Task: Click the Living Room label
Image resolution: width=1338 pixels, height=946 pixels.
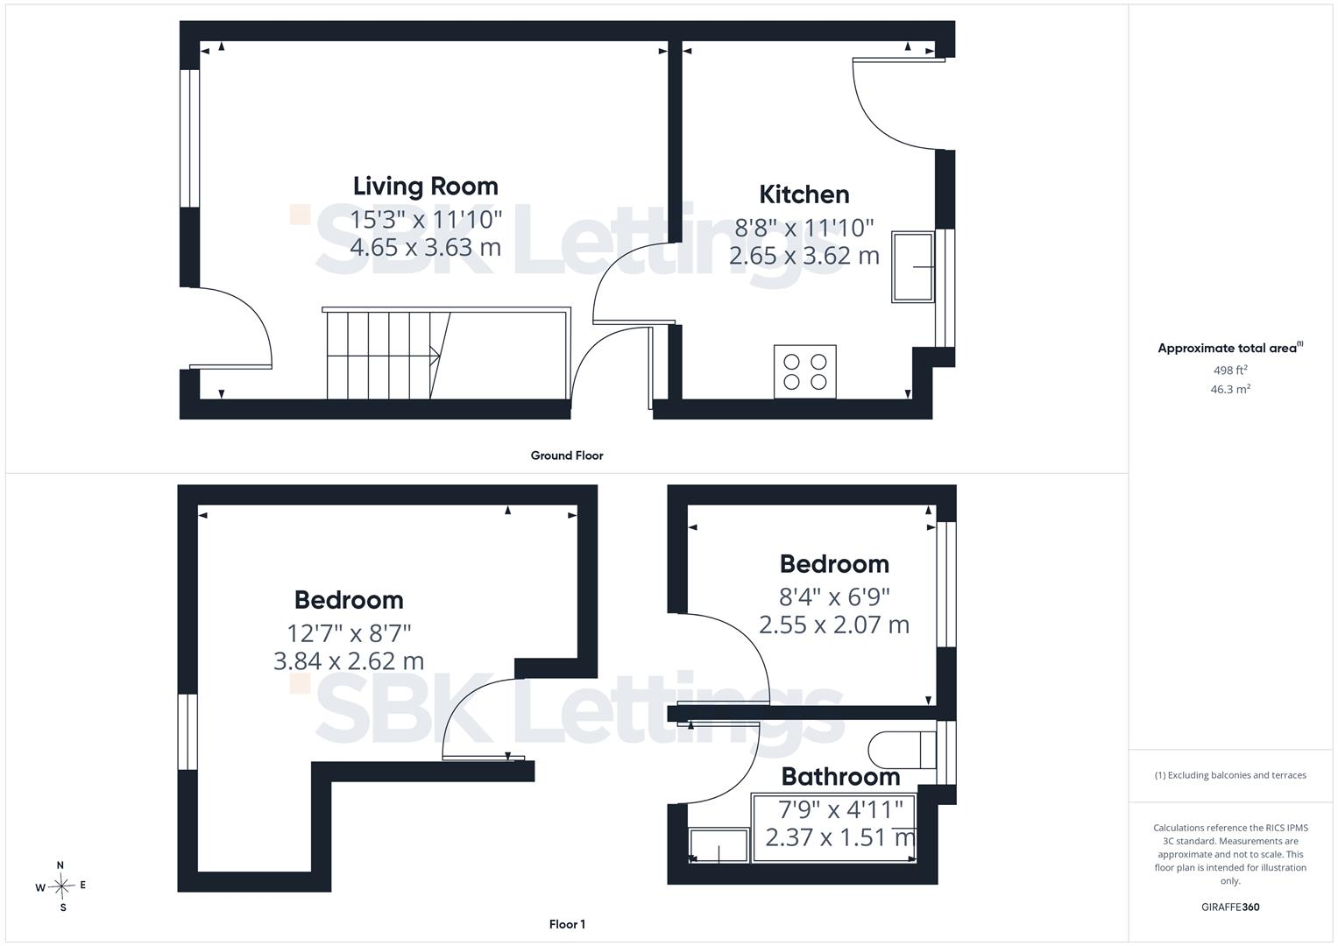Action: click(x=425, y=187)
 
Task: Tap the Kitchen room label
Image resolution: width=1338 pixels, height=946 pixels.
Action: click(x=804, y=194)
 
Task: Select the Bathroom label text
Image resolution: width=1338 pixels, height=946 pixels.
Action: click(x=840, y=776)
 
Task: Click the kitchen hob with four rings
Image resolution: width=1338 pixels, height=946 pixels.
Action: click(x=804, y=371)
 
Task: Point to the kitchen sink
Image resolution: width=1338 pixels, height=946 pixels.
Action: click(x=913, y=267)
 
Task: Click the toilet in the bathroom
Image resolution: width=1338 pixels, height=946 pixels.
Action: click(x=902, y=750)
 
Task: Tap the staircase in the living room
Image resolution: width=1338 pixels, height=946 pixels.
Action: click(x=446, y=353)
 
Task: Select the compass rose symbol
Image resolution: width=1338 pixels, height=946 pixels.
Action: click(x=61, y=886)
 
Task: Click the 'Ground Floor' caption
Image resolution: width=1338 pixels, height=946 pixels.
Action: click(x=567, y=455)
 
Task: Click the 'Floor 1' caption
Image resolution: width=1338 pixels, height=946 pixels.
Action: click(x=567, y=924)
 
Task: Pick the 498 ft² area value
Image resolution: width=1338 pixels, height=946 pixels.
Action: click(x=1230, y=371)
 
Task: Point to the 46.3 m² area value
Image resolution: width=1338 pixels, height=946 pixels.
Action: click(x=1230, y=390)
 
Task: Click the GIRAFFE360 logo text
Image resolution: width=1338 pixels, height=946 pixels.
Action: click(x=1230, y=907)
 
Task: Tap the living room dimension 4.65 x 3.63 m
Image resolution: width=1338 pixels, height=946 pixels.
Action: click(x=425, y=247)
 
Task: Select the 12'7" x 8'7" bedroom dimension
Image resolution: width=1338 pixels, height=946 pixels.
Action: click(x=349, y=632)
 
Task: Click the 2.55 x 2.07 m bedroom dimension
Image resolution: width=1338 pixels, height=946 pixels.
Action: click(x=834, y=625)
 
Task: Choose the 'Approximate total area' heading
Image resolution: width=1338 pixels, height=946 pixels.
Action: click(x=1230, y=349)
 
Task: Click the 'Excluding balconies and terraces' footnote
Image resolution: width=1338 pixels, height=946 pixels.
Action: click(x=1230, y=775)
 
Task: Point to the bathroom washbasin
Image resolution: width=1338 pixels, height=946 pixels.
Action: click(x=719, y=845)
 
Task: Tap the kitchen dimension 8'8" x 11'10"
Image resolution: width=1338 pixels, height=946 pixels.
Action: click(x=804, y=228)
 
